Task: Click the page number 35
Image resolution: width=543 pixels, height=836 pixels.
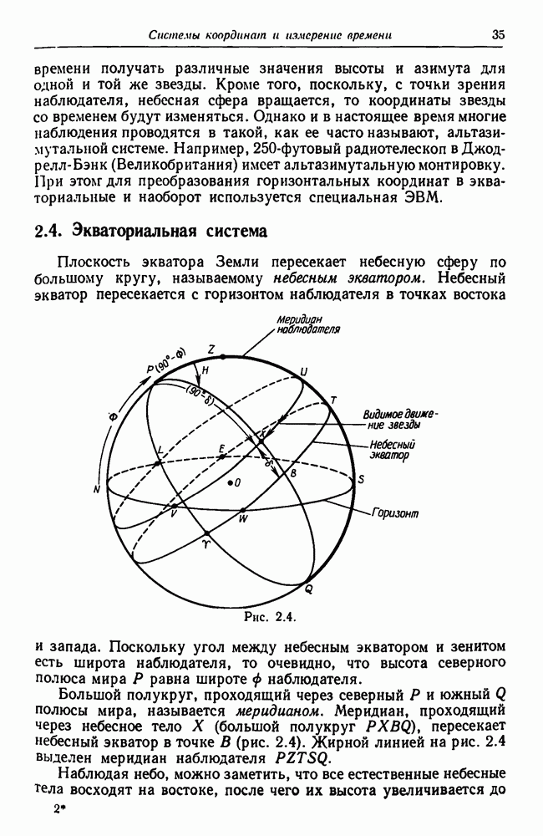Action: [x=499, y=35]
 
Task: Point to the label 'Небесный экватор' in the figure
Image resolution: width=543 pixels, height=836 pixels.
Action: [x=391, y=451]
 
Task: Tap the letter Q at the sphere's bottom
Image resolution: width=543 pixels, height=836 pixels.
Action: [x=307, y=590]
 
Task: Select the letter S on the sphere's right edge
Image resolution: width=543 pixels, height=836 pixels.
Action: [x=360, y=479]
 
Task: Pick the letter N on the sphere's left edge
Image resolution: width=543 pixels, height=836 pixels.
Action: [x=98, y=488]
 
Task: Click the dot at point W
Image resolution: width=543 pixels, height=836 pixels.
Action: [x=243, y=509]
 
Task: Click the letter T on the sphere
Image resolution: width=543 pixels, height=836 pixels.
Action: [x=332, y=400]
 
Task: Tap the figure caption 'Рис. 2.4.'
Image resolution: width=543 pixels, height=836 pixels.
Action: [x=264, y=618]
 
